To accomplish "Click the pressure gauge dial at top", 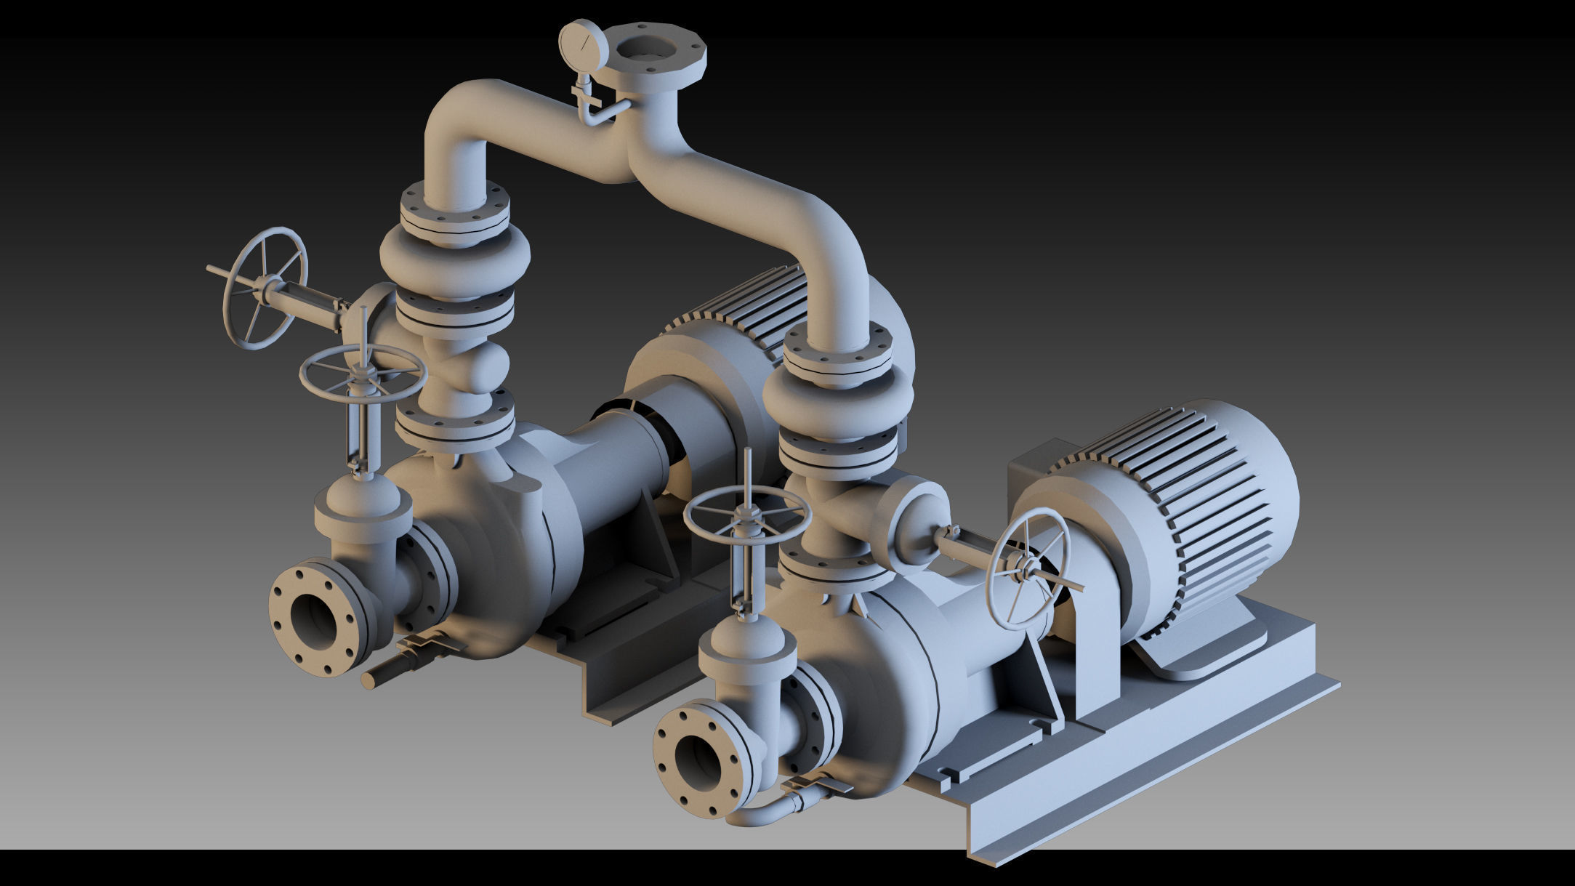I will tap(583, 45).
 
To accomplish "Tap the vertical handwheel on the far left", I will tap(263, 289).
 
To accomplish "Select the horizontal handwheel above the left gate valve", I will tap(362, 372).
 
